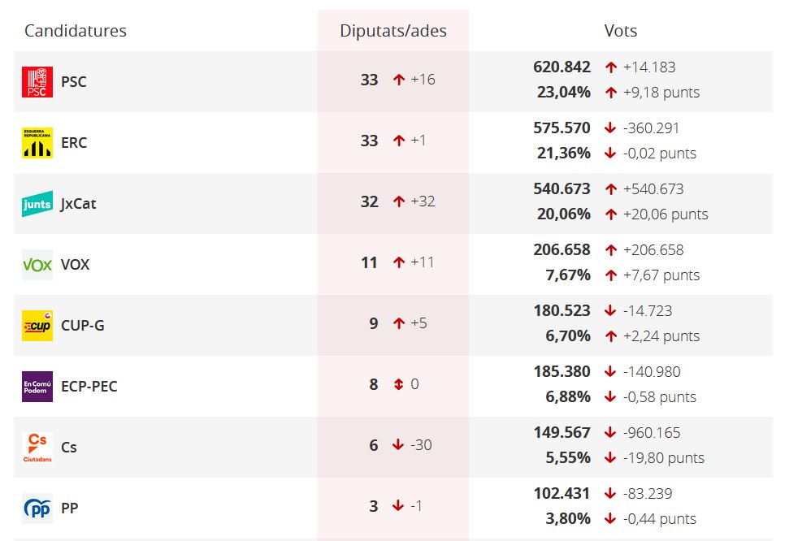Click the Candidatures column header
(x=76, y=31)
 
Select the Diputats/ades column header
(x=393, y=31)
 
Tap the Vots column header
(x=621, y=31)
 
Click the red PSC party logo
(x=37, y=82)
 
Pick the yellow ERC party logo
(x=37, y=143)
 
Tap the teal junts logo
(x=37, y=204)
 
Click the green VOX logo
(x=37, y=265)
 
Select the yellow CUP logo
(x=37, y=326)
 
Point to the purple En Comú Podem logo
(x=37, y=387)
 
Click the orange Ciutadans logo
(x=37, y=448)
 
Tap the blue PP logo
(x=37, y=509)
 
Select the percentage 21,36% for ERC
(x=564, y=154)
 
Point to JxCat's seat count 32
(x=370, y=201)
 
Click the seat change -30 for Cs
(x=421, y=445)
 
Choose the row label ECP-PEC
(x=89, y=387)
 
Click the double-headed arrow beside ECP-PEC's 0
(x=398, y=384)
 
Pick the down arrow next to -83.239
(x=611, y=494)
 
